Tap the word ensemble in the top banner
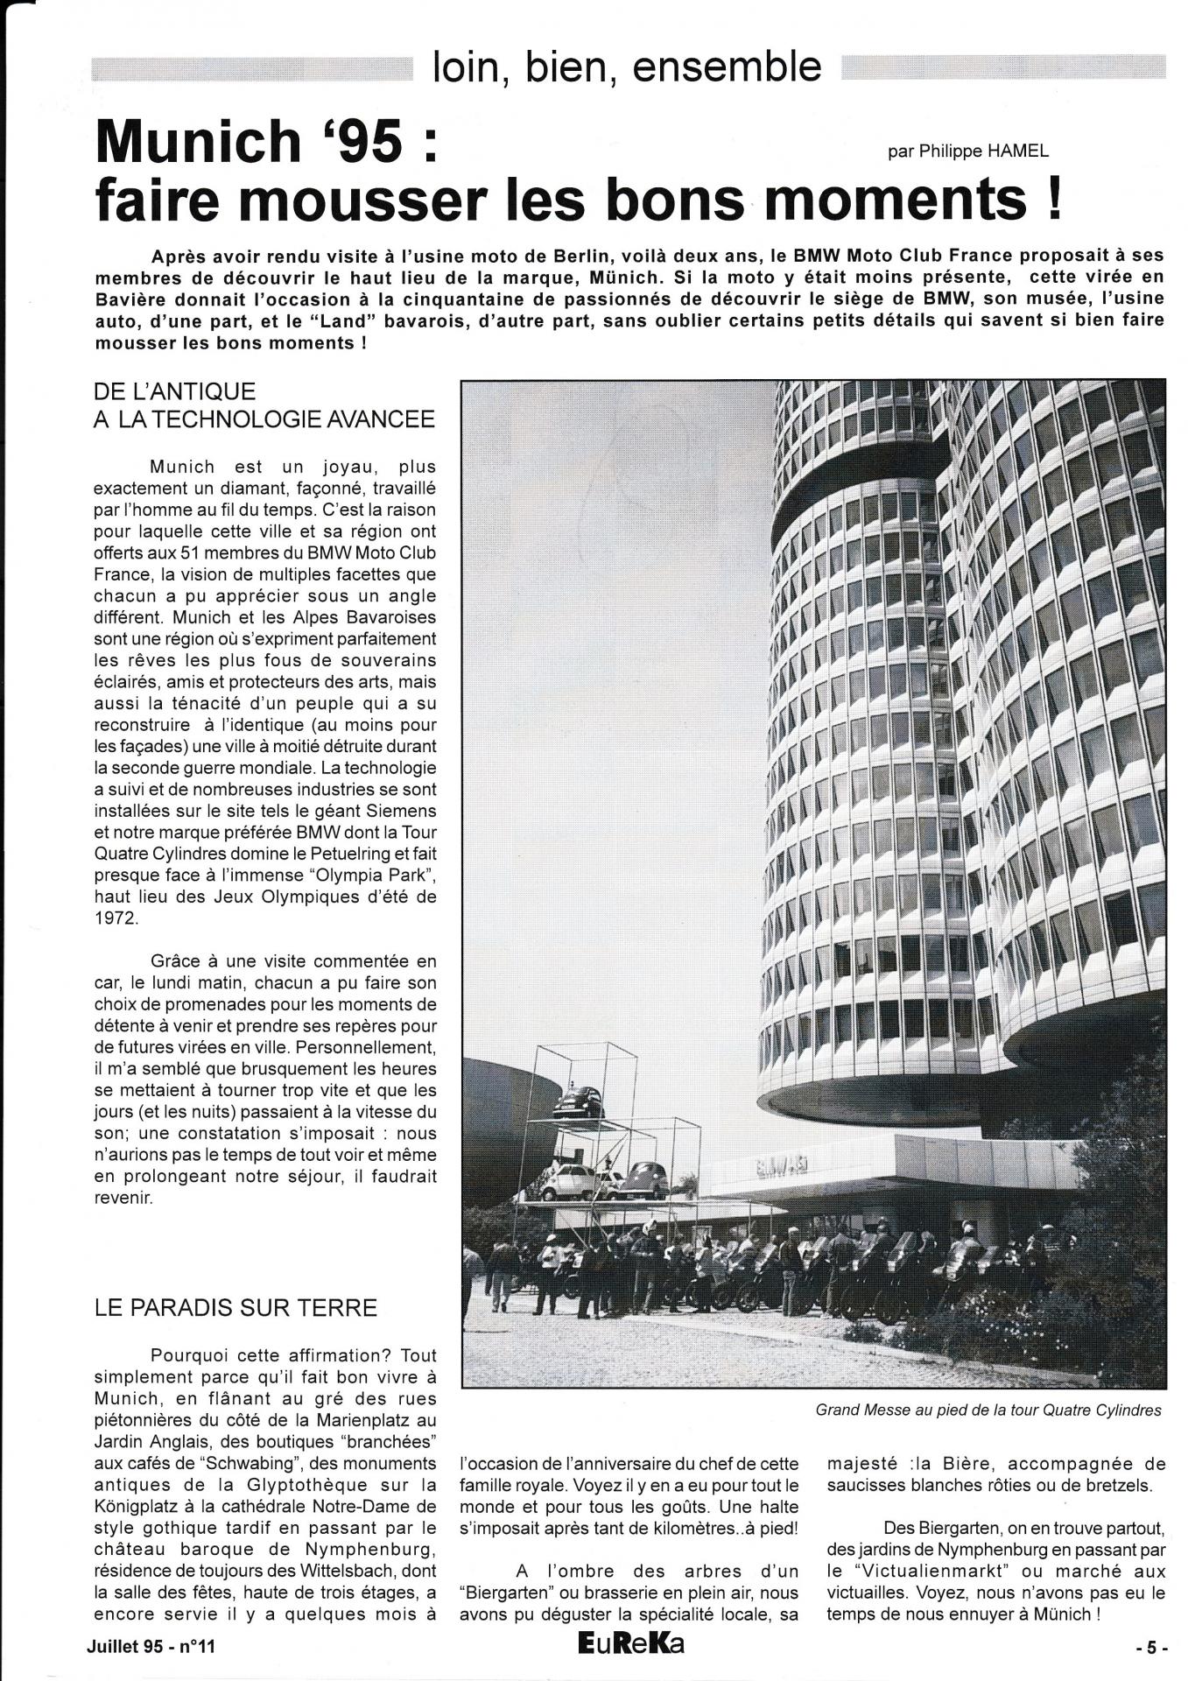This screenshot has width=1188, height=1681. (x=727, y=67)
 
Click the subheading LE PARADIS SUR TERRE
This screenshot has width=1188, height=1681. (x=235, y=1308)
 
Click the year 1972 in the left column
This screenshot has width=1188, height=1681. (x=116, y=920)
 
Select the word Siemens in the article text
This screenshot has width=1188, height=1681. (x=400, y=811)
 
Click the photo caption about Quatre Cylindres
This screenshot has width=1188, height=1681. (x=988, y=1410)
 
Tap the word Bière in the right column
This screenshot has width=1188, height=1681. (x=977, y=1463)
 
